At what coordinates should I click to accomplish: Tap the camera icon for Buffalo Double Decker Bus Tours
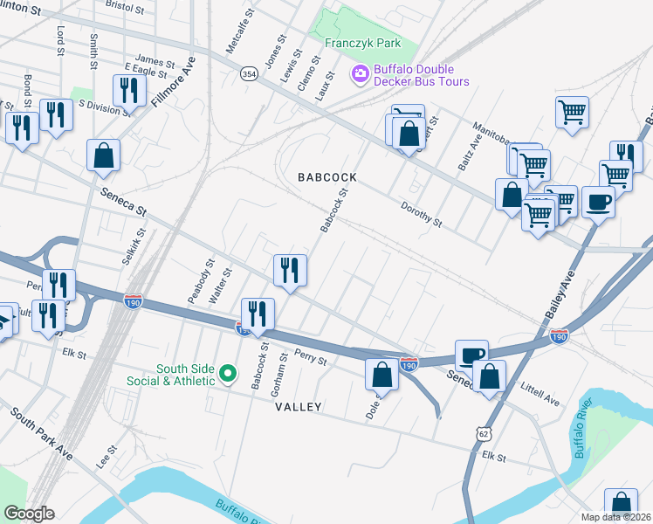click(359, 75)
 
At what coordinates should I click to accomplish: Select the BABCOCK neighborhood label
click(327, 176)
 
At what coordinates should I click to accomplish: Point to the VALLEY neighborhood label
click(299, 407)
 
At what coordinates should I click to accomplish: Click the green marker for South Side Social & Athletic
click(228, 375)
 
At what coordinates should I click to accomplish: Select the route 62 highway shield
click(485, 434)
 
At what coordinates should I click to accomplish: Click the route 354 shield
click(249, 73)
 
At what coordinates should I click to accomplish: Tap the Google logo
click(29, 513)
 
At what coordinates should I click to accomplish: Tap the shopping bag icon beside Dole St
click(381, 375)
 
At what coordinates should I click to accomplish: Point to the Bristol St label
click(124, 6)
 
